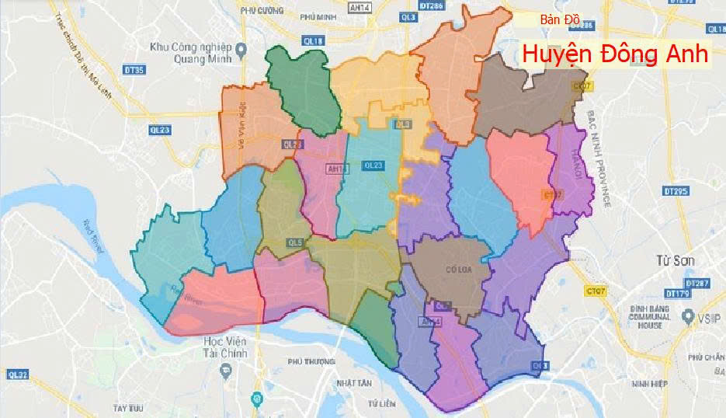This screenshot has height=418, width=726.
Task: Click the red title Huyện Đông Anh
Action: (615, 54)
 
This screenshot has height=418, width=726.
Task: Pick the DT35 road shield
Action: (134, 71)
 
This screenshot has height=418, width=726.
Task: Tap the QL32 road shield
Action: (17, 375)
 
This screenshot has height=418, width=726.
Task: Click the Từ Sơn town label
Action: (674, 260)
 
